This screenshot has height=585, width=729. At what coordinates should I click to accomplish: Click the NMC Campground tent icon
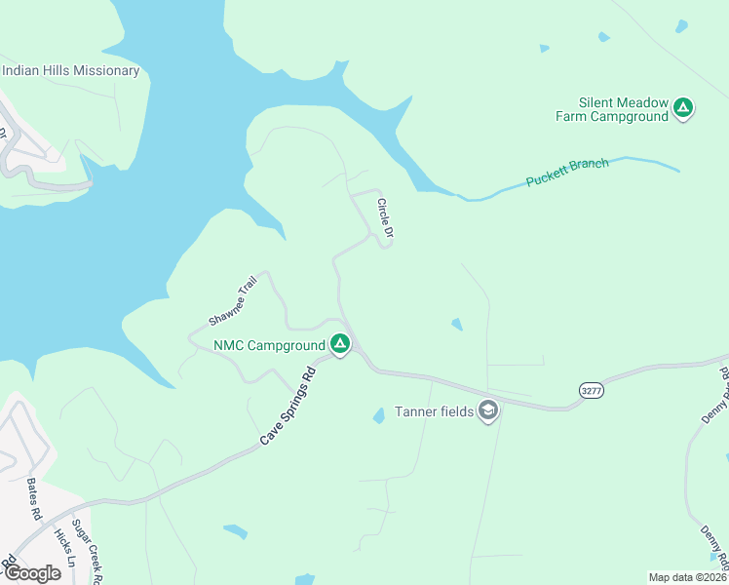[339, 344]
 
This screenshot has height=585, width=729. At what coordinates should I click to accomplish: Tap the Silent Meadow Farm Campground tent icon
[683, 107]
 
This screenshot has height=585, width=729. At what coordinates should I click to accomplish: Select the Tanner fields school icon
[488, 411]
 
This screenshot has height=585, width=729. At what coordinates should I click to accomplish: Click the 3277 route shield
[591, 389]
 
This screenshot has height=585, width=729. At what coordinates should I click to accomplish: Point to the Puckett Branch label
[567, 173]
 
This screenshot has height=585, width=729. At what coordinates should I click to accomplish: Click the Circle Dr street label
[384, 218]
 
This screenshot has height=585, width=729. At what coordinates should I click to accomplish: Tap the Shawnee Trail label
[233, 300]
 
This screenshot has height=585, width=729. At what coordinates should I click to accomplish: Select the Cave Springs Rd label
[289, 407]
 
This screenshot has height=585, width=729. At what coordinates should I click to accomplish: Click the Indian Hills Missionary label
[71, 70]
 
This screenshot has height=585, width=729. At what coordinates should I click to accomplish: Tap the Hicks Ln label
[64, 547]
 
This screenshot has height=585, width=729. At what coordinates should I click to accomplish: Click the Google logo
[31, 572]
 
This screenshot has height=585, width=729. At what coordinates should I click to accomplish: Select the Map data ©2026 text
[688, 576]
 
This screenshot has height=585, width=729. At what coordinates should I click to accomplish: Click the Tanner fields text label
[434, 411]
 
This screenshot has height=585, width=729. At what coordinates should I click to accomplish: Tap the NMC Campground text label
[269, 345]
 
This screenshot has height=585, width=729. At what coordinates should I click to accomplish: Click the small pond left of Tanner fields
[377, 416]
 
